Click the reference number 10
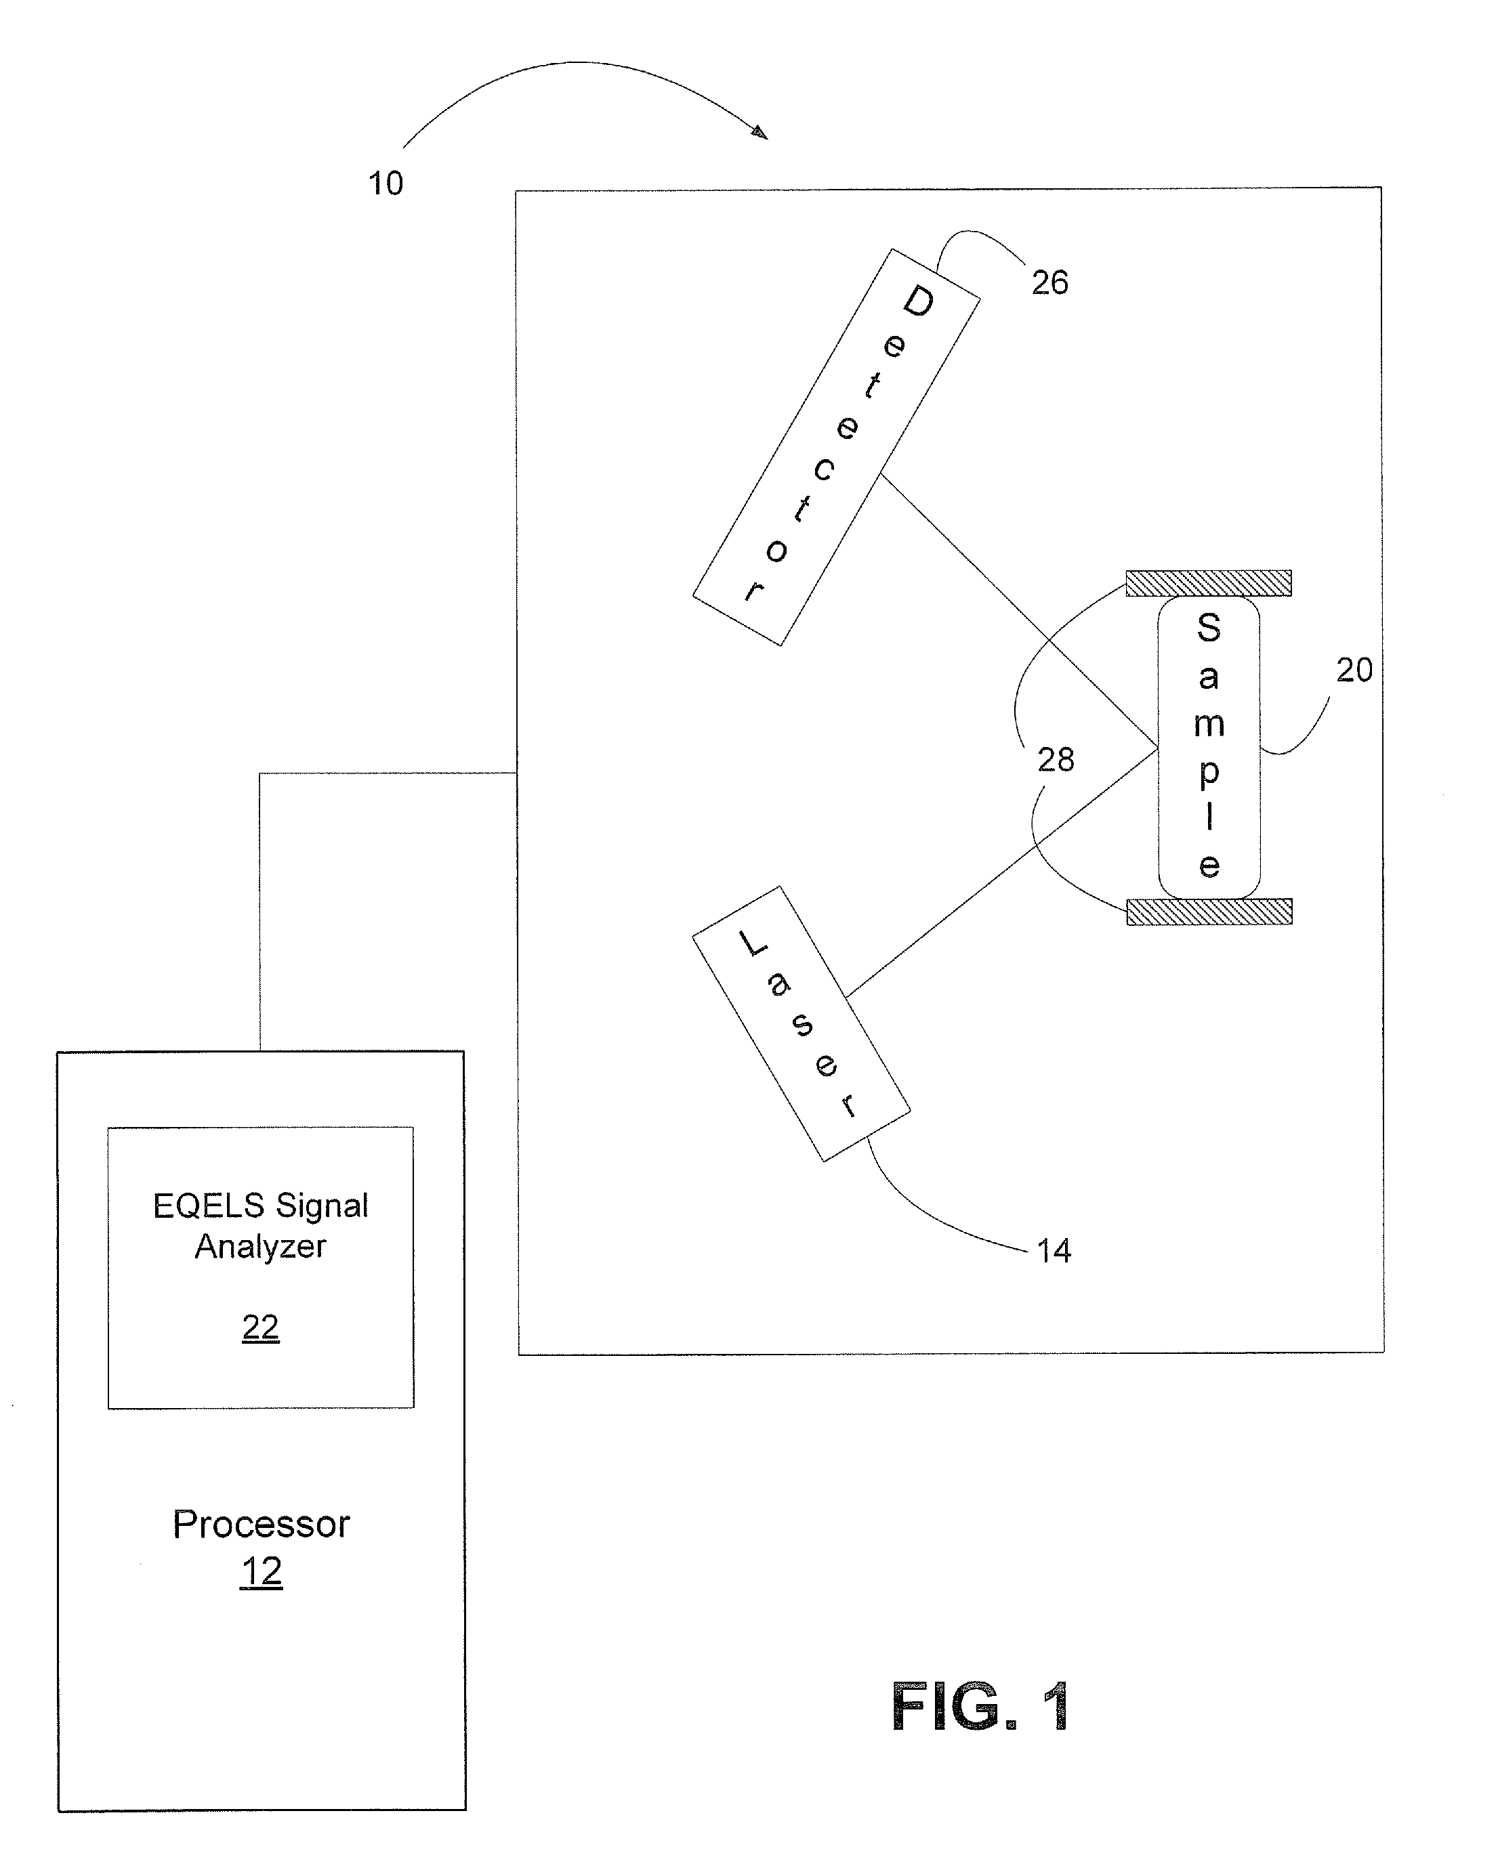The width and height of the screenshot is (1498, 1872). click(x=386, y=184)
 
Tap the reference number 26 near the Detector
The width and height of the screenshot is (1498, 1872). click(x=1050, y=282)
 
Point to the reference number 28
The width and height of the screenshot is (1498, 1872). click(x=1056, y=760)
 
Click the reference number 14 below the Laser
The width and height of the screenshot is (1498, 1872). click(x=1054, y=1251)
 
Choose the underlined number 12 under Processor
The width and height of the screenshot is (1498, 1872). click(x=262, y=1571)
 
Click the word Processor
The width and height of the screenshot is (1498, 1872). click(x=262, y=1524)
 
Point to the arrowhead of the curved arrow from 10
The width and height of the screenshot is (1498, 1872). click(x=760, y=133)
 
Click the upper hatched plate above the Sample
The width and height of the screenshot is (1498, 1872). click(x=1208, y=582)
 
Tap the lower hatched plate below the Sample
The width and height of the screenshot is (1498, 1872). click(x=1209, y=912)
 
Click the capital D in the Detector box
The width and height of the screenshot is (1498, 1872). click(x=919, y=301)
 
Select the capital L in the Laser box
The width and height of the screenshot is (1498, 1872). click(x=752, y=943)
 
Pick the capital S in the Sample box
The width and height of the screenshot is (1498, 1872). click(x=1209, y=627)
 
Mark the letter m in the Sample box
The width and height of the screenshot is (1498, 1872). click(x=1209, y=724)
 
